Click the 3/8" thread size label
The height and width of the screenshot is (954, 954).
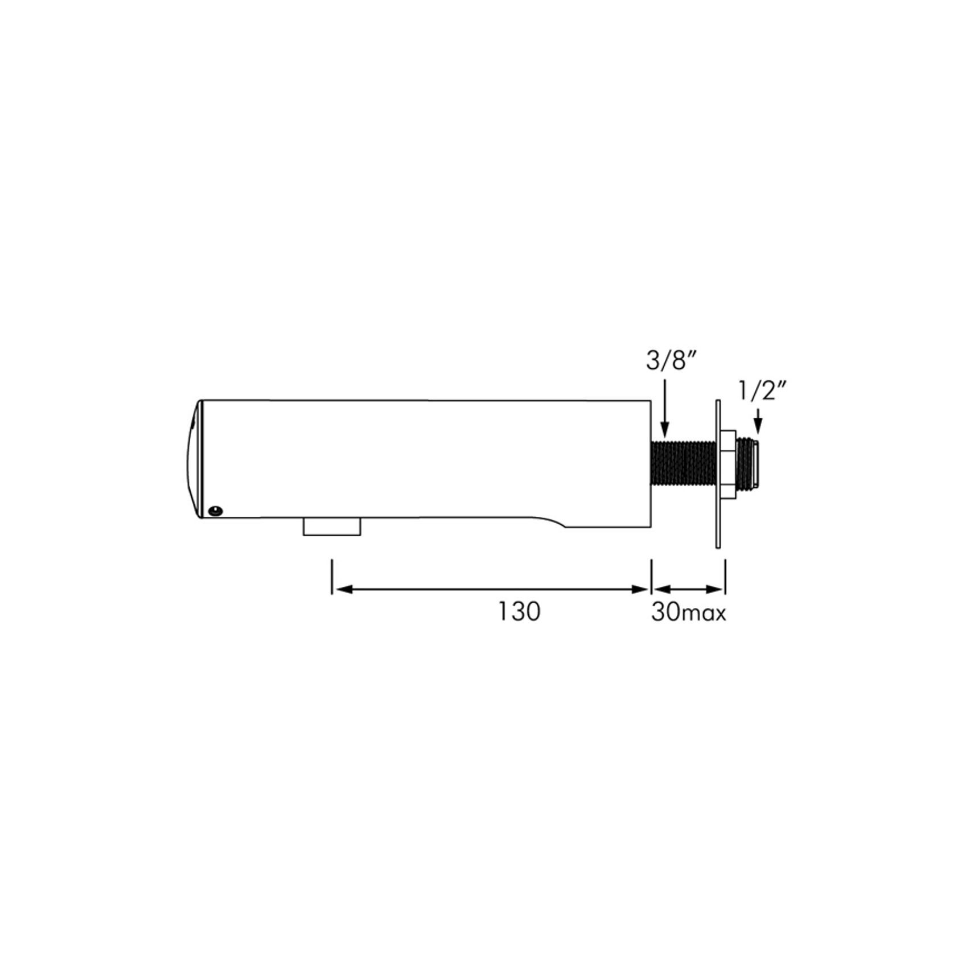(x=671, y=361)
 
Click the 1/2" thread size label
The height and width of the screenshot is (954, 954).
(x=763, y=392)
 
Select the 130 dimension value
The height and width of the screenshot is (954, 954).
(x=519, y=612)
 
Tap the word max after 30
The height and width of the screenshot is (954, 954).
(x=704, y=614)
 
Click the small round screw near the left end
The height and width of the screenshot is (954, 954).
(x=215, y=511)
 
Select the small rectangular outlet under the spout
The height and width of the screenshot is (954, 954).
(x=332, y=527)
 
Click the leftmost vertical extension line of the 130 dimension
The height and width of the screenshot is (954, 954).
(x=332, y=577)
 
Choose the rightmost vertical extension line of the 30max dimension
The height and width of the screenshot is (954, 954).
(x=725, y=577)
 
